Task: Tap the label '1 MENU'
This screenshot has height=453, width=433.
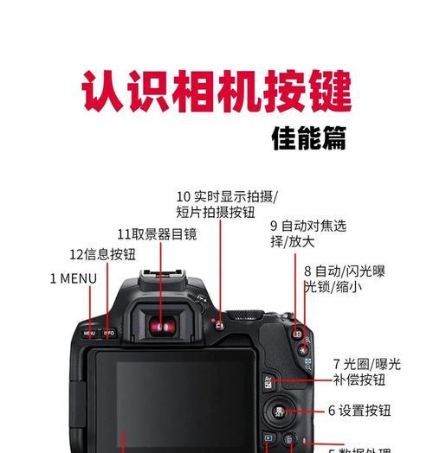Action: click(73, 278)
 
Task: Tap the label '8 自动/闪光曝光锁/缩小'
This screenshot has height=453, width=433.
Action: click(344, 278)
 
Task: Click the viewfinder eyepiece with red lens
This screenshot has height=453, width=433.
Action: click(159, 326)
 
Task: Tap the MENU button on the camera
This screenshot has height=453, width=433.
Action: click(89, 333)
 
